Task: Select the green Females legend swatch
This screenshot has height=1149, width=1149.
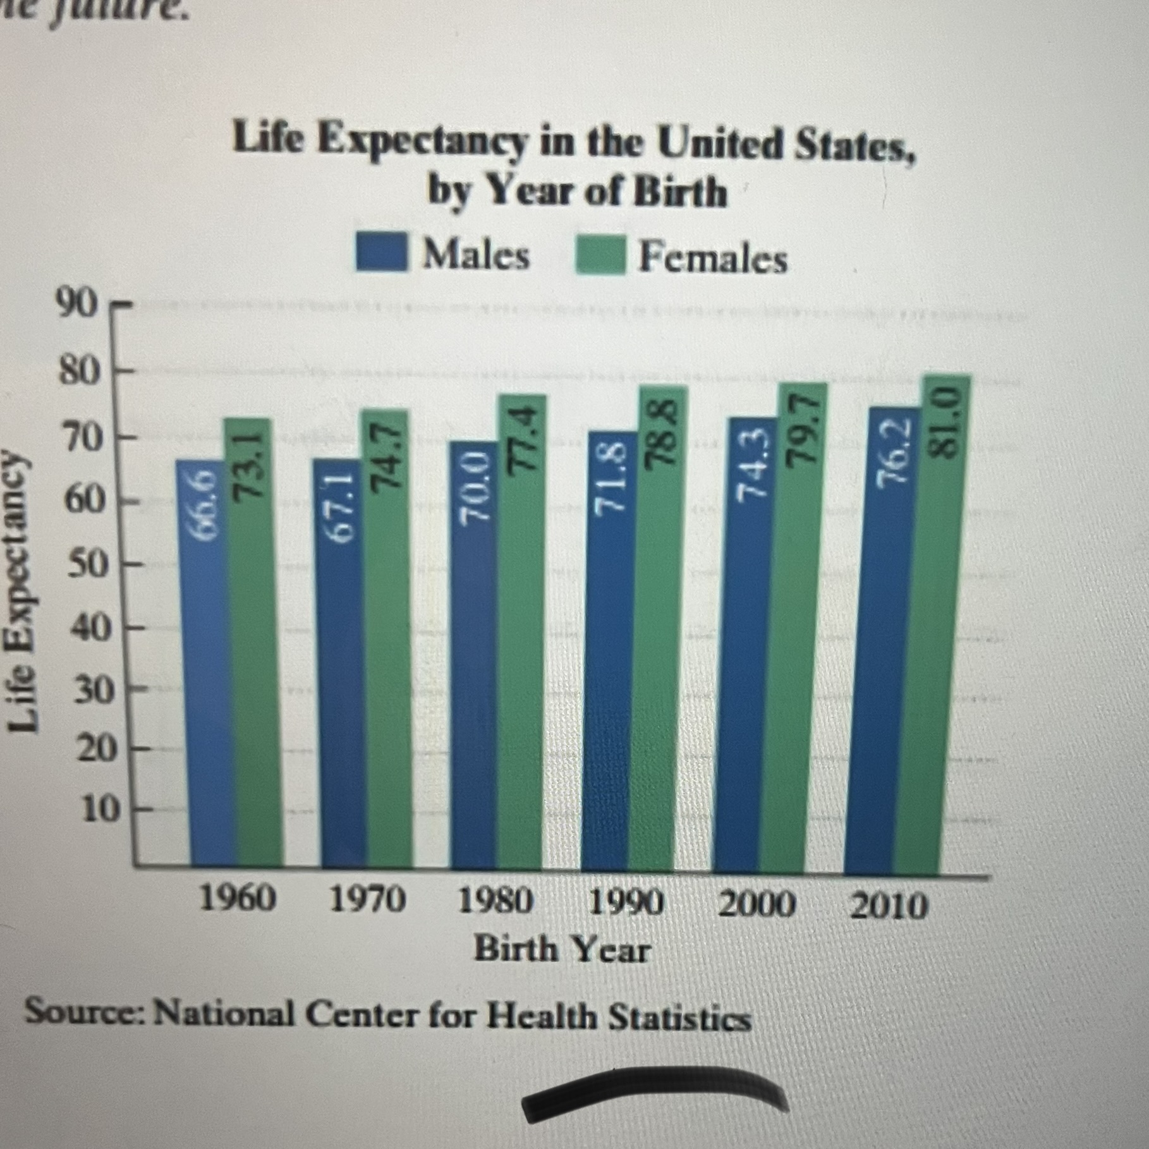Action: [600, 255]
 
